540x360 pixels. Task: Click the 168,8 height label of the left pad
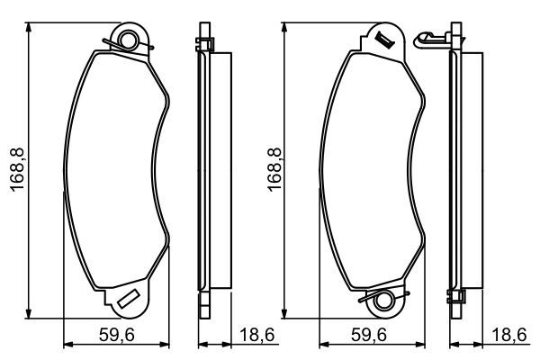pyautogui.click(x=18, y=169)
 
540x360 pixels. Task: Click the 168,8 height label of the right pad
pyautogui.click(x=274, y=169)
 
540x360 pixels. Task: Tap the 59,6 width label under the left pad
pyautogui.click(x=116, y=335)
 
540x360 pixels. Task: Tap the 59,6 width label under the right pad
pyautogui.click(x=369, y=335)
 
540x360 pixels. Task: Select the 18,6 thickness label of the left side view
pyautogui.click(x=256, y=335)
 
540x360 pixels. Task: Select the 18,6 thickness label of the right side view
pyautogui.click(x=509, y=335)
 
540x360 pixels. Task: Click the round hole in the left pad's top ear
pyautogui.click(x=129, y=40)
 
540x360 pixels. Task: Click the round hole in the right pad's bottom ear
pyautogui.click(x=383, y=300)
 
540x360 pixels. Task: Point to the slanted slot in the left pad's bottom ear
pyautogui.click(x=129, y=298)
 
